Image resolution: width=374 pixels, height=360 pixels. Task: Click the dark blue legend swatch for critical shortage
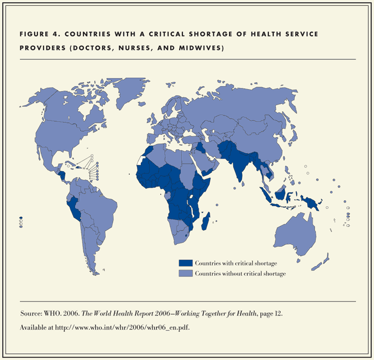click(x=186, y=263)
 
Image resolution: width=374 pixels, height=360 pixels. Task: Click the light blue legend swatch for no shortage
click(x=186, y=273)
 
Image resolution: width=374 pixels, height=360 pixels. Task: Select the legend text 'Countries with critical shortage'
click(x=236, y=263)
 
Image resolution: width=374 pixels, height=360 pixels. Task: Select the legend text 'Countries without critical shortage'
click(x=240, y=273)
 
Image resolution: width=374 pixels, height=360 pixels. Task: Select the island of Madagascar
click(x=208, y=220)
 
